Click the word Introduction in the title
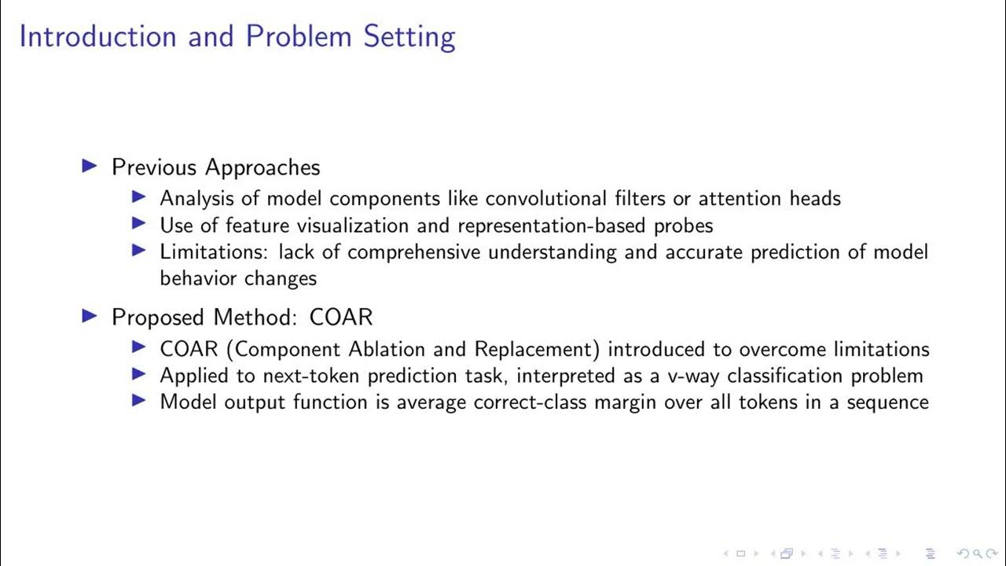(x=97, y=37)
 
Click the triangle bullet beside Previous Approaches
(x=90, y=166)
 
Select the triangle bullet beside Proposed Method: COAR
(x=90, y=316)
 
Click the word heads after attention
(x=813, y=199)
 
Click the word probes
(x=683, y=226)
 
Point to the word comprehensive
(x=413, y=252)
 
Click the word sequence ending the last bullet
(x=887, y=402)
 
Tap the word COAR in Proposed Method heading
(x=341, y=317)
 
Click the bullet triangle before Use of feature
(x=139, y=225)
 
